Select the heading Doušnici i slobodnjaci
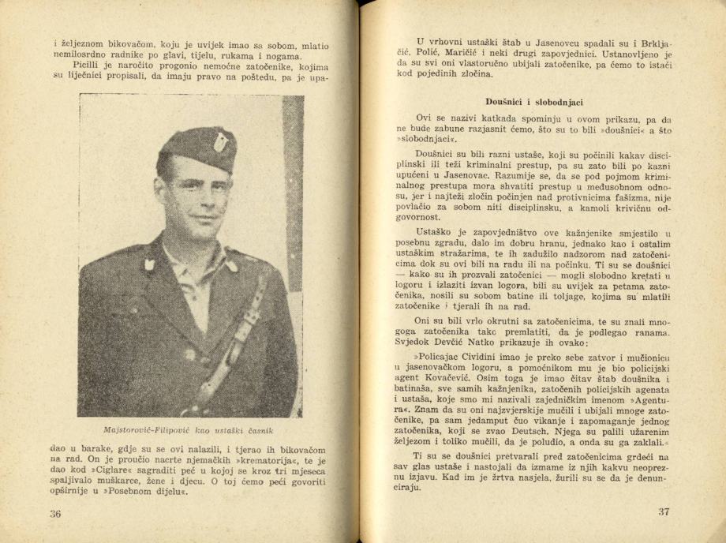[534, 102]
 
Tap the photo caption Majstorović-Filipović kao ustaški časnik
[189, 430]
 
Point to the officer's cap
[198, 149]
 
